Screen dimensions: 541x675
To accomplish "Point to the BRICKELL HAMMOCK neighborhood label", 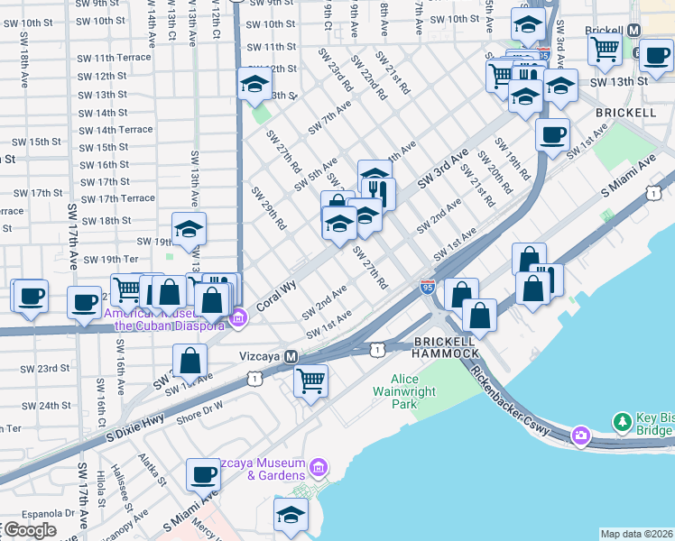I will [446, 347].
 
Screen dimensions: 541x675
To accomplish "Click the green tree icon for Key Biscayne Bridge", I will [621, 421].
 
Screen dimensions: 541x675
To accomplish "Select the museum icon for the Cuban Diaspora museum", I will [238, 316].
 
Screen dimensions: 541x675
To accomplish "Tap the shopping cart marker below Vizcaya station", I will [310, 381].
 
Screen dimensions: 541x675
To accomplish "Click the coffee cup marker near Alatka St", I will [202, 472].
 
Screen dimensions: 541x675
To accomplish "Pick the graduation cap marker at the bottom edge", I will [291, 514].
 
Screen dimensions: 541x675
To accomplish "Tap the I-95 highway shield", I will [427, 287].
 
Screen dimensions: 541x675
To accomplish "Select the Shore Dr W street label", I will [199, 411].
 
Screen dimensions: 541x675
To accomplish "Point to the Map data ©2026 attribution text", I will [636, 534].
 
